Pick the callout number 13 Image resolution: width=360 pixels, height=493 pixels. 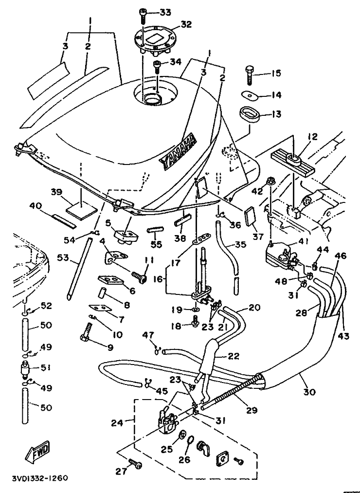pos(276,115)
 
